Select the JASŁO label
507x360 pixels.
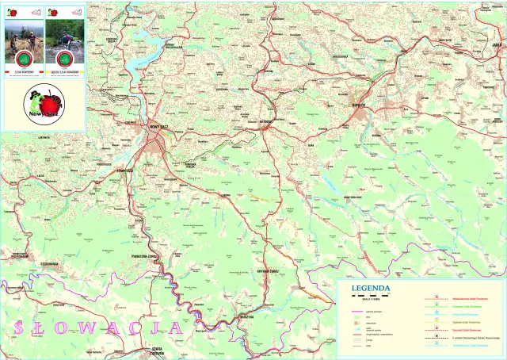[497, 45]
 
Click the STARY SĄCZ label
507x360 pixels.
[128, 170]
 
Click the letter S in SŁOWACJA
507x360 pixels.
[17, 327]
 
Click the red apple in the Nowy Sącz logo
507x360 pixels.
[51, 105]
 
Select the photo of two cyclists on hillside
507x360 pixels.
[25, 39]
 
